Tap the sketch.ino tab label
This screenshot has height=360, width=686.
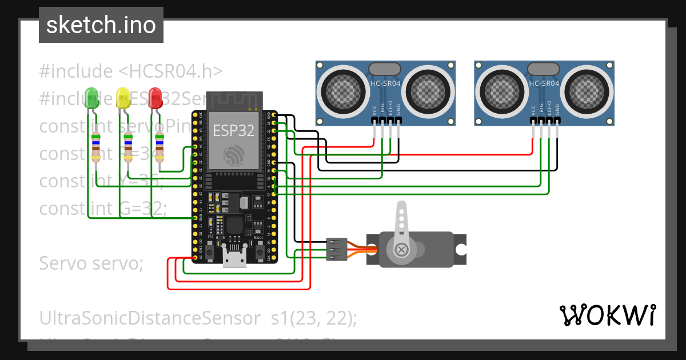[101, 25]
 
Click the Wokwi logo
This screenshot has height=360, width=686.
[607, 315]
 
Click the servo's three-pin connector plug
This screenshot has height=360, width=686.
[336, 249]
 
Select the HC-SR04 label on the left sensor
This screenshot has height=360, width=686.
[386, 83]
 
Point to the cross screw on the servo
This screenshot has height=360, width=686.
[402, 249]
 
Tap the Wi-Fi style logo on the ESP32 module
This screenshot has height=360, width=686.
[234, 155]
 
